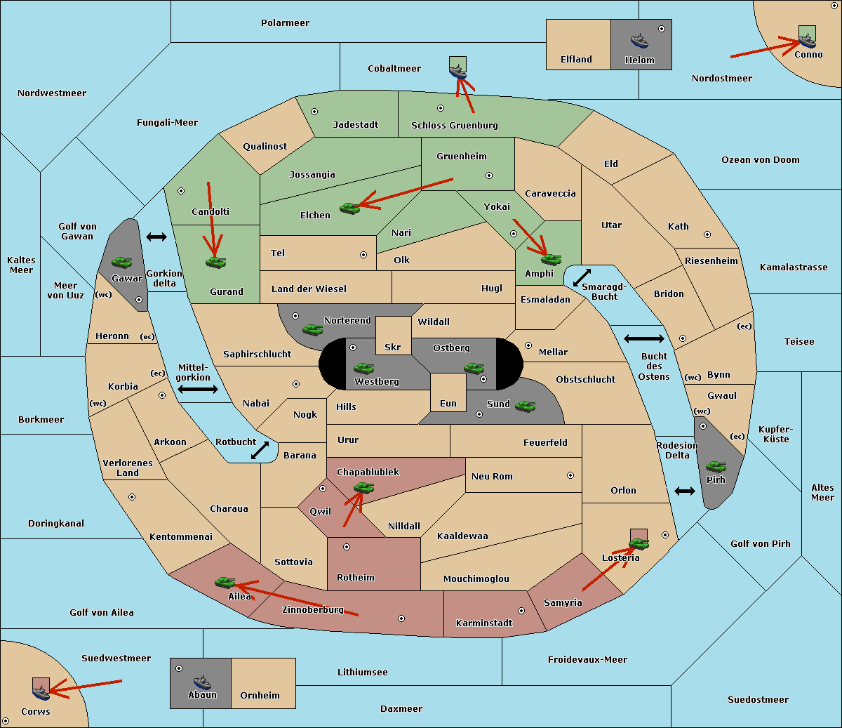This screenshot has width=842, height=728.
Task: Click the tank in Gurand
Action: (x=215, y=262)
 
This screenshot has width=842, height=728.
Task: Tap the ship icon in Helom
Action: (x=639, y=41)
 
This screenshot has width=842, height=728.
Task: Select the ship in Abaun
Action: (x=203, y=683)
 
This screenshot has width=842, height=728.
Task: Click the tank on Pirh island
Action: (x=716, y=466)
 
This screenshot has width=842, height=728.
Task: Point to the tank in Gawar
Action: (x=121, y=262)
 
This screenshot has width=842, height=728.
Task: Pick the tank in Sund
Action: (x=525, y=406)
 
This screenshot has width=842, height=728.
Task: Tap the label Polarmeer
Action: (x=285, y=23)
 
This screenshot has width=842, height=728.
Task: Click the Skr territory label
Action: (x=393, y=347)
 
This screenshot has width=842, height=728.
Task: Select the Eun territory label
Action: (x=448, y=403)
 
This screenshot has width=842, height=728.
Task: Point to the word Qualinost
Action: (x=265, y=146)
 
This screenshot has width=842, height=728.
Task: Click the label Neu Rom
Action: (x=492, y=476)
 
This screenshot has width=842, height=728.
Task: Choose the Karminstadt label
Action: (x=484, y=623)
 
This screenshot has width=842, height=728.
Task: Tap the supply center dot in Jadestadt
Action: (x=314, y=112)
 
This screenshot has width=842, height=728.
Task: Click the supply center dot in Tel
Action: (x=363, y=255)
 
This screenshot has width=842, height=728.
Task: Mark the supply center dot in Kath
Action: (x=707, y=234)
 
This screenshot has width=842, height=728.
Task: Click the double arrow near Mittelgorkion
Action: (x=198, y=389)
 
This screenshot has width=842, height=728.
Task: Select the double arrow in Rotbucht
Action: (x=260, y=450)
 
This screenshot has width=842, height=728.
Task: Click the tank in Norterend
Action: (x=312, y=329)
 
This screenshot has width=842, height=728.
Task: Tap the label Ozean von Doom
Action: (x=760, y=160)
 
